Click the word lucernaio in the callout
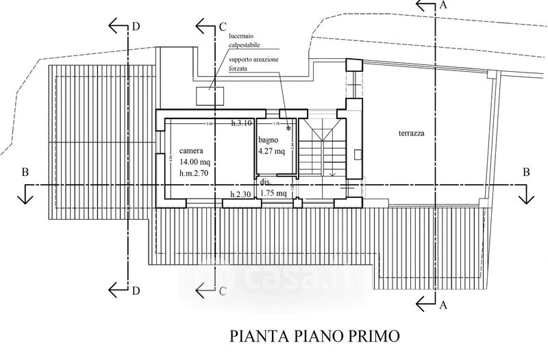tap(236, 36)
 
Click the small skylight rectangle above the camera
tap(207, 95)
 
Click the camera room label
tap(191, 151)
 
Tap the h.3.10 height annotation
tap(242, 123)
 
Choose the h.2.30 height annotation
tap(242, 194)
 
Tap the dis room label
tap(264, 183)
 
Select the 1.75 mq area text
tap(273, 194)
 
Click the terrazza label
tap(411, 134)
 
